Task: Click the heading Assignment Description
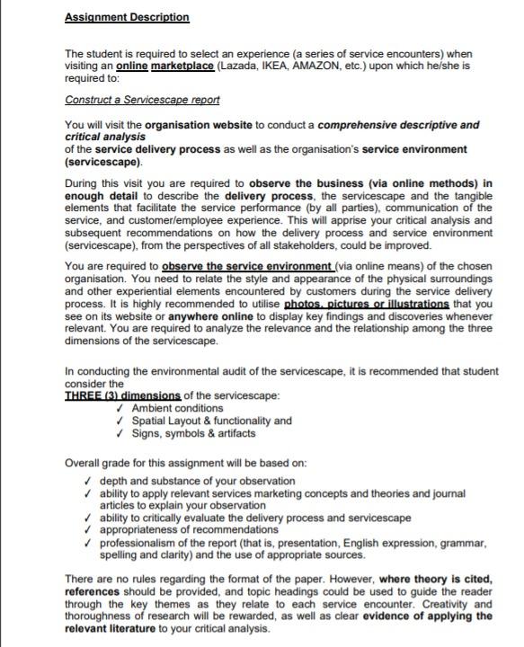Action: coord(127,17)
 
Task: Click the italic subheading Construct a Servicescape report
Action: coord(142,100)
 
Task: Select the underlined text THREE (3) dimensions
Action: coord(122,396)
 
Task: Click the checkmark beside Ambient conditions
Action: coord(122,409)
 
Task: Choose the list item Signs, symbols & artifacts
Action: coord(193,433)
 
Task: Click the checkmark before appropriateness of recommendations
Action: coord(87,531)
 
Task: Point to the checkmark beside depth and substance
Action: coord(87,482)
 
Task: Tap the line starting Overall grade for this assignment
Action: coord(185,463)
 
